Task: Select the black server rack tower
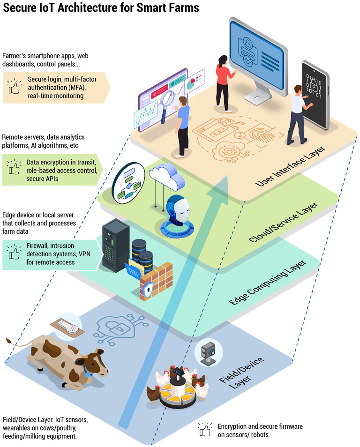point(114,246)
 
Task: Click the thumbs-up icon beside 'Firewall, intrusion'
point(14,253)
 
